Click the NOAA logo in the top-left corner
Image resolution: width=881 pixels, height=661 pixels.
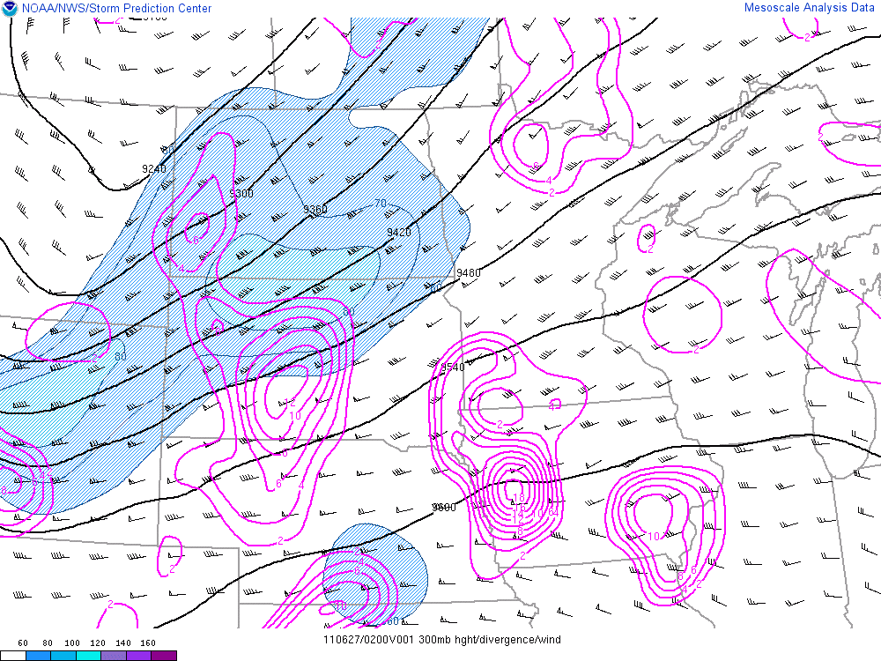pos(10,9)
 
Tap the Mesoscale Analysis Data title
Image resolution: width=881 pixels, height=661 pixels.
pos(809,8)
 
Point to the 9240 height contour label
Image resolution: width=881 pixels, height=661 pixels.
pos(154,168)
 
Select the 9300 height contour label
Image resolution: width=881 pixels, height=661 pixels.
pos(241,194)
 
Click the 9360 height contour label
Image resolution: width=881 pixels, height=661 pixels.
pos(315,210)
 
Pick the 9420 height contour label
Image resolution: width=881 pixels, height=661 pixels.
pos(399,233)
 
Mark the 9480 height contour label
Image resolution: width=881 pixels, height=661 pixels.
pos(469,273)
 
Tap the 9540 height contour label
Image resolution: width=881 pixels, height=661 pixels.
pos(452,368)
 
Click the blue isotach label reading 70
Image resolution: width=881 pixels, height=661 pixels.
pos(381,204)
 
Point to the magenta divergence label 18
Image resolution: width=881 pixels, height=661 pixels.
pos(519,498)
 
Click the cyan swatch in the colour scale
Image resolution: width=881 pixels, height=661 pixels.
pos(88,656)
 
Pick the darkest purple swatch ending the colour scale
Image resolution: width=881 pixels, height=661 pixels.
pos(164,656)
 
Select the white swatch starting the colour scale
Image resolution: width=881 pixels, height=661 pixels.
pos(12,656)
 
